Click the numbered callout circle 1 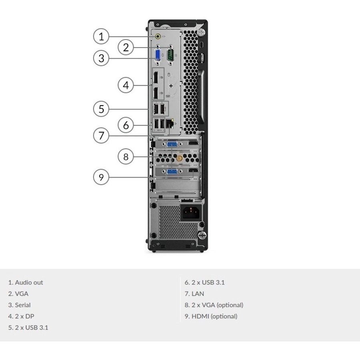click(101, 37)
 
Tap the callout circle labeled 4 click(126, 85)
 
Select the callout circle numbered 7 click(101, 136)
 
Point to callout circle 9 click(101, 177)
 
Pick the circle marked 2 click(126, 48)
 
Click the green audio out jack click(159, 36)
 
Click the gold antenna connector click(179, 158)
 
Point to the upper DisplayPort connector click(155, 77)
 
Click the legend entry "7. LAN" click(194, 294)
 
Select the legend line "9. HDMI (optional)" click(211, 316)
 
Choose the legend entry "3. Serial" click(20, 305)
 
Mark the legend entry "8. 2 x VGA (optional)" click(214, 305)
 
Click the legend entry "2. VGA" click(18, 294)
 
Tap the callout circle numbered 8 click(126, 157)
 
